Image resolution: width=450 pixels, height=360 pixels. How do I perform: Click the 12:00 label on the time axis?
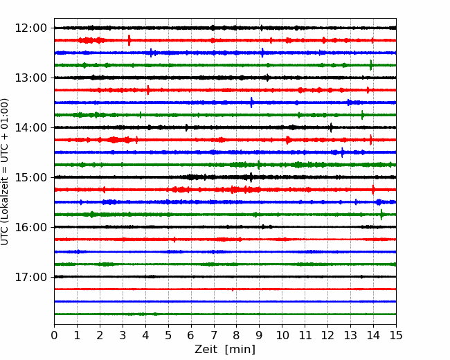click(30, 28)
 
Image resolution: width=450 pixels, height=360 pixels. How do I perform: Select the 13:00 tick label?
click(30, 78)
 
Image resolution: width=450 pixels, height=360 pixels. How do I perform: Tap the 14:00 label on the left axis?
click(30, 127)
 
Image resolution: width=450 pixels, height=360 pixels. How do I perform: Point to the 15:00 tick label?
click(30, 177)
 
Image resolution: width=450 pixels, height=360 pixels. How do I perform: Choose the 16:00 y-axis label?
click(30, 227)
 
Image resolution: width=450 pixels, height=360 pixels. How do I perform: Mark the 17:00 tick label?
click(30, 277)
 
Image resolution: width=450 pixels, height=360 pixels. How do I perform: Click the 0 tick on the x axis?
click(54, 335)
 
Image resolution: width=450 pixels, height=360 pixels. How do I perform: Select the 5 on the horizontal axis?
click(168, 335)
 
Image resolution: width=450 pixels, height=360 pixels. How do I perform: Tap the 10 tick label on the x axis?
click(282, 335)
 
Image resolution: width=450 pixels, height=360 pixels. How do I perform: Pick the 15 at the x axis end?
click(396, 335)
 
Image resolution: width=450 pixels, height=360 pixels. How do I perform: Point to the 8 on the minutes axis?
click(237, 335)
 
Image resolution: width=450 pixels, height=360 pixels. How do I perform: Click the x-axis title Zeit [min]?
click(225, 350)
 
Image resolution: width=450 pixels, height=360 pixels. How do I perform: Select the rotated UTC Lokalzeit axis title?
click(4, 172)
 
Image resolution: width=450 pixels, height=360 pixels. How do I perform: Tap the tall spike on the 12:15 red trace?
click(129, 40)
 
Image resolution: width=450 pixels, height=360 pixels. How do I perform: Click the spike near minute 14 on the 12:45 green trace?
click(371, 65)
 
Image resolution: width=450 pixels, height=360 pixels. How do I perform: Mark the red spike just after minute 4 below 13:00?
click(147, 90)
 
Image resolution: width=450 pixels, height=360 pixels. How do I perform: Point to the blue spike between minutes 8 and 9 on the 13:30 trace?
click(251, 102)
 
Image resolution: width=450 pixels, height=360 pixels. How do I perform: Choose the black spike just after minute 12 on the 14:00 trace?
click(331, 127)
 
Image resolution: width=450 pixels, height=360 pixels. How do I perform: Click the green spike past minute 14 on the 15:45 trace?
click(381, 215)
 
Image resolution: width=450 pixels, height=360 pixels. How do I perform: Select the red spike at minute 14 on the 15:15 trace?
click(373, 190)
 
